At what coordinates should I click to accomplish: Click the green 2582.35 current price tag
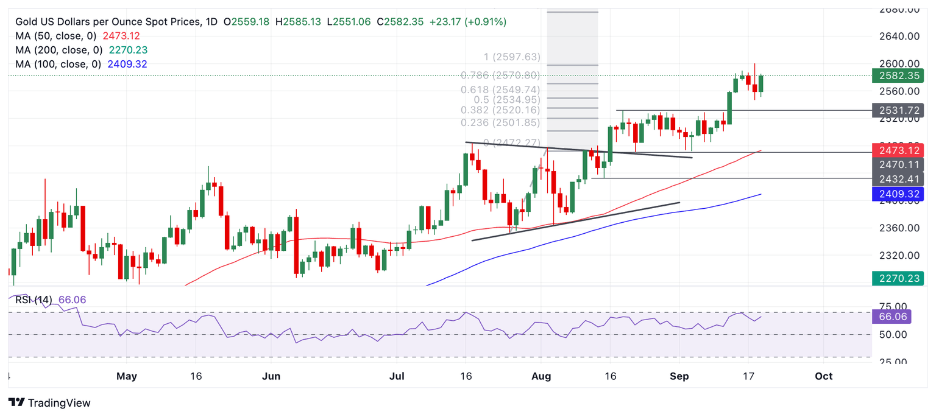point(898,76)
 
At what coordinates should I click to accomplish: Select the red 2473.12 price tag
point(898,150)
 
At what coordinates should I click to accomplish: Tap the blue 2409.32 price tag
point(898,194)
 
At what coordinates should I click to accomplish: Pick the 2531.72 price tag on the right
point(898,110)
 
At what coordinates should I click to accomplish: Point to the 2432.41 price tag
point(898,179)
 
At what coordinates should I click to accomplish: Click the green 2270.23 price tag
point(898,278)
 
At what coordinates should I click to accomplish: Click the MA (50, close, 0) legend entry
point(55,36)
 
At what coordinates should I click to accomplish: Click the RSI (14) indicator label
point(34,300)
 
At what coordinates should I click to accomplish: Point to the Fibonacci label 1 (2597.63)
point(511,57)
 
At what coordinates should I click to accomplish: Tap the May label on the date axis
point(126,376)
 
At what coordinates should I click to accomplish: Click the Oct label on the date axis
point(824,376)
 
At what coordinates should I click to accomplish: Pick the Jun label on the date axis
point(271,376)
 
